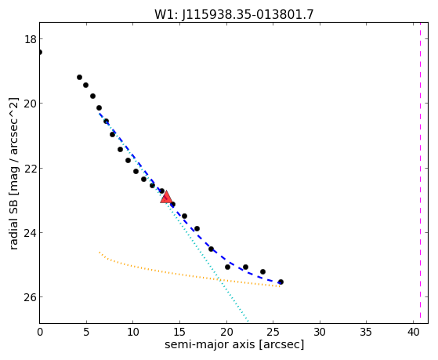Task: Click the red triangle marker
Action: (x=166, y=197)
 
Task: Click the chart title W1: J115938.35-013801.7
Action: (x=234, y=14)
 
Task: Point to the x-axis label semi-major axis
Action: (x=209, y=344)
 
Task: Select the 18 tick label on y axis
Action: (x=31, y=39)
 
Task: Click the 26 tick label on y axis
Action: (x=31, y=297)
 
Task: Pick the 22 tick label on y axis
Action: (x=31, y=168)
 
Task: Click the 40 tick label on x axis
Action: (x=413, y=332)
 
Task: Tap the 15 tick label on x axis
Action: (x=179, y=332)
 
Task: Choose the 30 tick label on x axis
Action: (x=320, y=332)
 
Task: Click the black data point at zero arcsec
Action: (x=40, y=52)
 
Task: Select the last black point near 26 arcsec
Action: (x=281, y=282)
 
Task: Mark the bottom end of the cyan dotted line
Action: (x=248, y=321)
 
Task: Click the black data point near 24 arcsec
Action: (x=262, y=271)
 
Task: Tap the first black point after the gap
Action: (x=79, y=77)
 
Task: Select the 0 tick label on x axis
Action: (x=40, y=332)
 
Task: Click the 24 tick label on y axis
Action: (x=31, y=233)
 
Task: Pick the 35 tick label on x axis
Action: (x=366, y=332)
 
